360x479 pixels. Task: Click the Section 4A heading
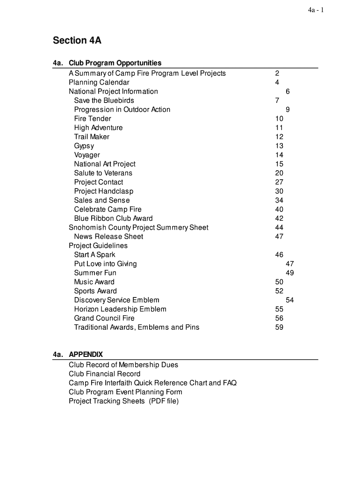tap(77, 41)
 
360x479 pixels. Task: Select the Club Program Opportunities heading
tap(115, 63)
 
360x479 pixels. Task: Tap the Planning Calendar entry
tap(99, 82)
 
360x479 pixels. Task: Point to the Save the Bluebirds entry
tap(104, 101)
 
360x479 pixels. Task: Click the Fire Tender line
tap(93, 119)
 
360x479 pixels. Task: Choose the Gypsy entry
tap(84, 146)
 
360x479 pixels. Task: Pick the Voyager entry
tap(87, 155)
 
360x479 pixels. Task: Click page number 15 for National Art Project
tap(279, 164)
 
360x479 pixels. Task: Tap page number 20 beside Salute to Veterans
tap(279, 173)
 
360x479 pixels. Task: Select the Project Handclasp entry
tap(103, 191)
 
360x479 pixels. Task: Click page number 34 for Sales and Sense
tap(279, 200)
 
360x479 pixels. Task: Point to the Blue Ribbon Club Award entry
tap(113, 218)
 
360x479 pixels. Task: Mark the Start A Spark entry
tap(94, 255)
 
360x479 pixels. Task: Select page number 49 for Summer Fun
tap(289, 273)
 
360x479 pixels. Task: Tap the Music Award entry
tap(94, 282)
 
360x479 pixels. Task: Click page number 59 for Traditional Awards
tap(279, 327)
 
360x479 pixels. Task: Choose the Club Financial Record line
tap(104, 374)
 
